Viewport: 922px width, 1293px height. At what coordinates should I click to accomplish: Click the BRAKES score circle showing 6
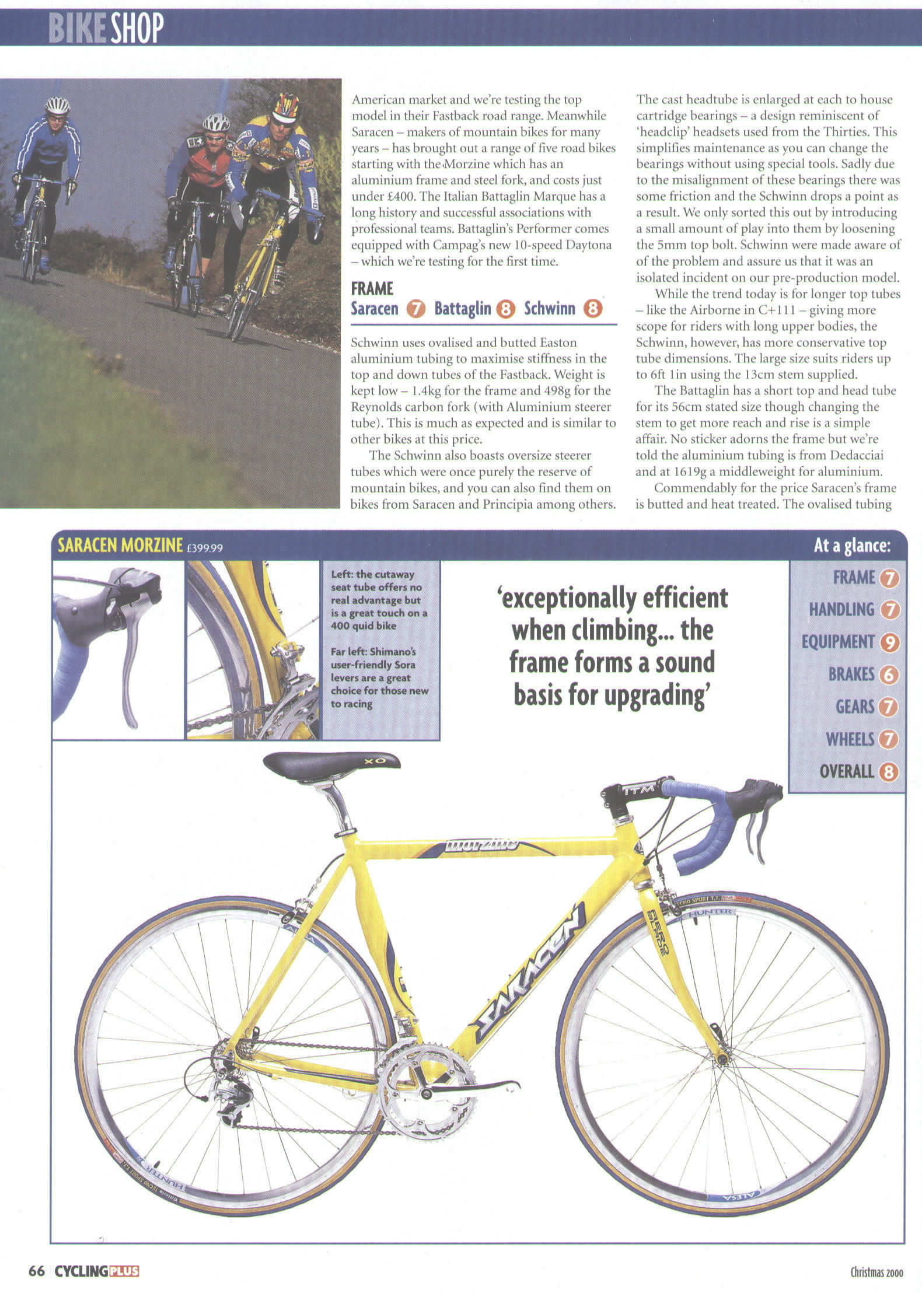click(889, 675)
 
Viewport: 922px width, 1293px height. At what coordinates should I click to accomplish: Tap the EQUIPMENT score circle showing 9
click(889, 642)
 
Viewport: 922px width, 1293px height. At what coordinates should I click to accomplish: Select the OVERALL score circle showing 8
click(889, 772)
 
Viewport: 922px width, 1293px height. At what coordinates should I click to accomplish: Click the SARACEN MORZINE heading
click(120, 546)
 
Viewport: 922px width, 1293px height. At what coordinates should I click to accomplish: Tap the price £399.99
click(204, 548)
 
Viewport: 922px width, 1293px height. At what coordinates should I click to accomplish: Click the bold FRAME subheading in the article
click(372, 288)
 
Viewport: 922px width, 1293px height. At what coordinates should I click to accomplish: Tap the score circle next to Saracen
click(415, 309)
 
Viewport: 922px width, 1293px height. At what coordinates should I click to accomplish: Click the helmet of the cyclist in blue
click(57, 106)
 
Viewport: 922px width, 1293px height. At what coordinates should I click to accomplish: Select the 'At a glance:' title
click(852, 546)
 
